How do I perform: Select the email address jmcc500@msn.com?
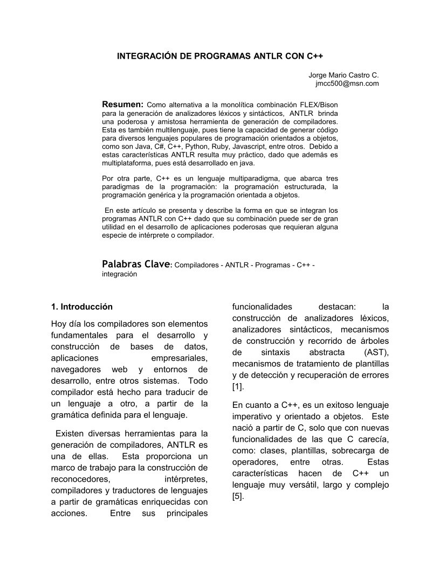pyautogui.click(x=347, y=84)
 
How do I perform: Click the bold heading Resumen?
pyautogui.click(x=123, y=103)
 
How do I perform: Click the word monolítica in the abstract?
pyautogui.click(x=232, y=104)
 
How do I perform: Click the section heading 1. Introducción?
pyautogui.click(x=82, y=307)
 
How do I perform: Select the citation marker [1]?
pyautogui.click(x=237, y=387)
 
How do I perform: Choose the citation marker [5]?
pyautogui.click(x=237, y=496)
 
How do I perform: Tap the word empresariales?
pyautogui.click(x=180, y=358)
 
